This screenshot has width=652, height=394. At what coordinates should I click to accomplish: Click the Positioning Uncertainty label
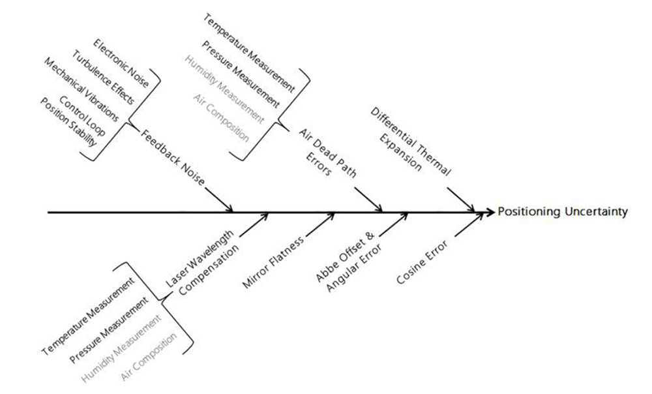(x=563, y=212)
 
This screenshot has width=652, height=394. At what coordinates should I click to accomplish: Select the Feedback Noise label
(x=173, y=155)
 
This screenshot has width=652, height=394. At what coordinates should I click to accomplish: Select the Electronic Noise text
(x=121, y=65)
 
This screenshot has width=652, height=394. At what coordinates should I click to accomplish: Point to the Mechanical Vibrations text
(x=81, y=89)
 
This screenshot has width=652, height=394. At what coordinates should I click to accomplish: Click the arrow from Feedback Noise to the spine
(x=219, y=199)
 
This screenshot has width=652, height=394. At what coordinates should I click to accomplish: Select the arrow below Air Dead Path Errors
(x=369, y=200)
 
